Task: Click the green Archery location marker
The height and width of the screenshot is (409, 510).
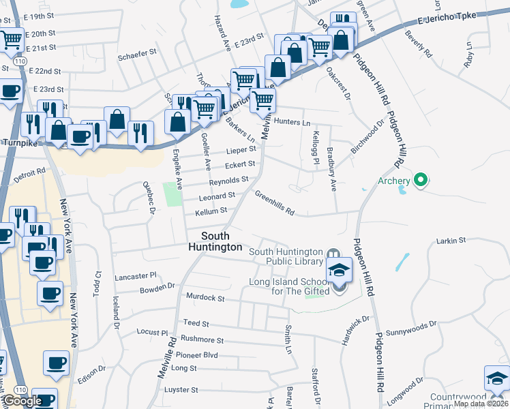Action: pos(421,181)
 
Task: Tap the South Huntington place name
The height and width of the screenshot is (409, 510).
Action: pos(215,241)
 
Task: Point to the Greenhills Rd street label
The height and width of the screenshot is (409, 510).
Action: pos(275,203)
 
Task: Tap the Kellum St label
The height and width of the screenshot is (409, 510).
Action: pos(211,212)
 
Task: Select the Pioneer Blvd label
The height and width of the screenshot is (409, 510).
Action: pos(196,355)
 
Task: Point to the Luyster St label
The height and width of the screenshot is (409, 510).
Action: pos(181,390)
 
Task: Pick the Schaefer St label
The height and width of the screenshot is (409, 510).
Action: pos(138,57)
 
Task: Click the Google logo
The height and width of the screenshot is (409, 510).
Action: pos(22,401)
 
